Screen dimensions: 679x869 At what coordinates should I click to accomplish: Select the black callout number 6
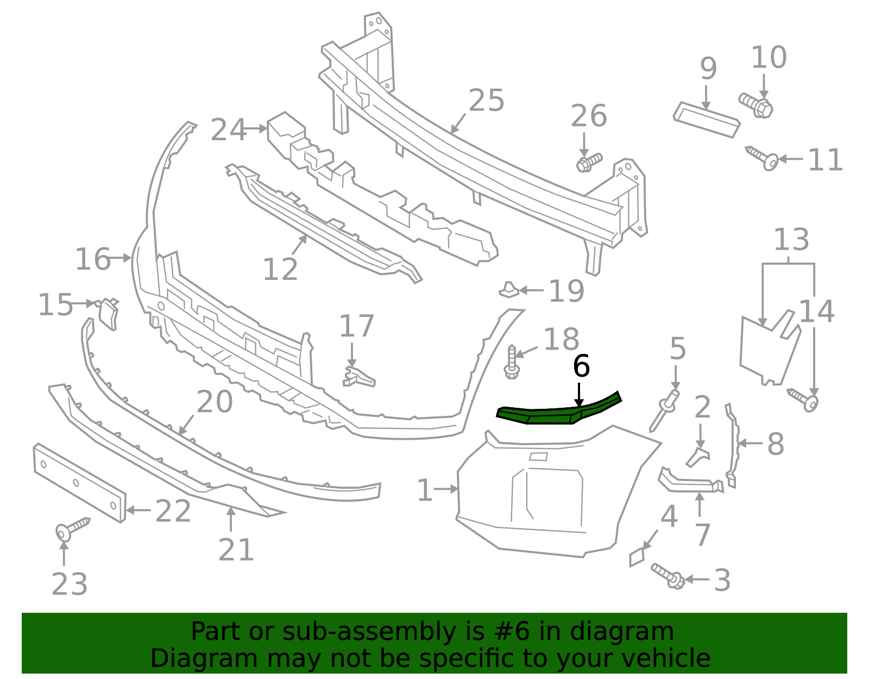point(581,366)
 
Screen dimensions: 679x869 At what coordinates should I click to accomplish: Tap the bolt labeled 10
point(757,105)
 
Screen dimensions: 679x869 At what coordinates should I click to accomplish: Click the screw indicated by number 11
point(763,158)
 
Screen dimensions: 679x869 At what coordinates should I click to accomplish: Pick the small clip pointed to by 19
point(509,290)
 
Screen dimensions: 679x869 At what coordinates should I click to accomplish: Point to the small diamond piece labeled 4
point(637,557)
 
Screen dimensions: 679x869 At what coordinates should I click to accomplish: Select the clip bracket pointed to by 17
point(358,376)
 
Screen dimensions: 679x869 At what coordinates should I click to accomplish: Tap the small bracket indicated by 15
point(109,314)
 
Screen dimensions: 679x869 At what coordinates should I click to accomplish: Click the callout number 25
point(486,101)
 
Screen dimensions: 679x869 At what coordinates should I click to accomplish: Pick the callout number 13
point(791,240)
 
